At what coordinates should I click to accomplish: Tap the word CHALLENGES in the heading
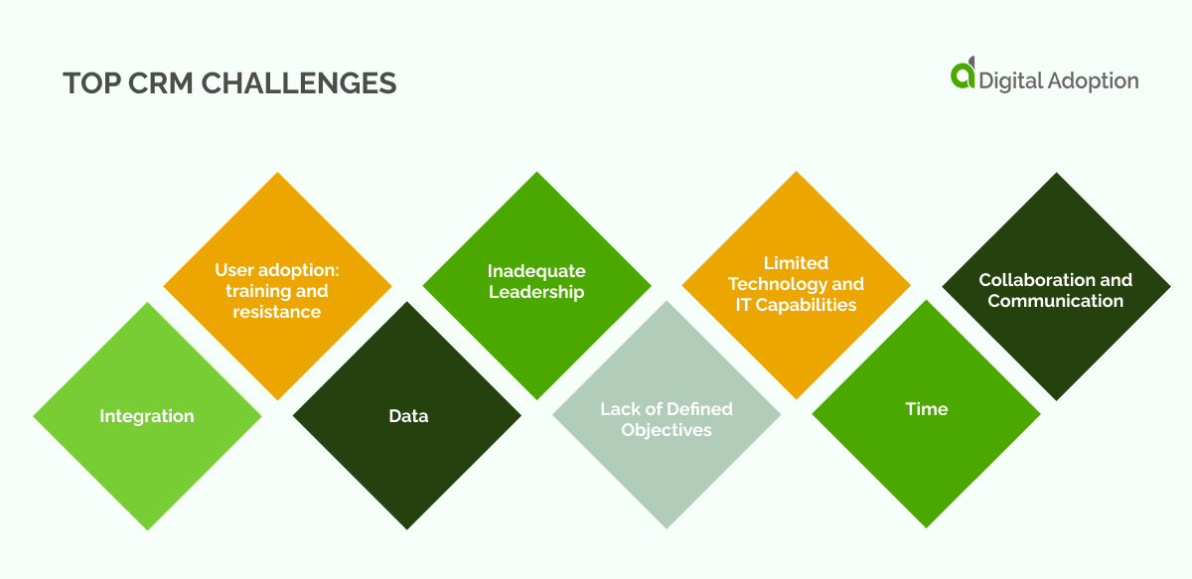pyautogui.click(x=299, y=83)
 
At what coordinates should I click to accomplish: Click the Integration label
pyautogui.click(x=147, y=416)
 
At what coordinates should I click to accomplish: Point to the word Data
pyautogui.click(x=408, y=416)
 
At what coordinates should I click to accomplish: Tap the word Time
pyautogui.click(x=926, y=409)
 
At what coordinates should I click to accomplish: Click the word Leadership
pyautogui.click(x=536, y=292)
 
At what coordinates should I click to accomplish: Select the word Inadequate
pyautogui.click(x=536, y=271)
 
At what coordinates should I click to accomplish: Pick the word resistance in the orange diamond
pyautogui.click(x=277, y=312)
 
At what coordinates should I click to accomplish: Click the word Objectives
pyautogui.click(x=667, y=430)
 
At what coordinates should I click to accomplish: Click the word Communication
pyautogui.click(x=1055, y=301)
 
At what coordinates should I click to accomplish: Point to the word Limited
pyautogui.click(x=796, y=263)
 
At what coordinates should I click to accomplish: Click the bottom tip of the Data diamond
pyautogui.click(x=407, y=527)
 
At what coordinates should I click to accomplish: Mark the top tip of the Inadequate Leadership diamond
pyautogui.click(x=537, y=174)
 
